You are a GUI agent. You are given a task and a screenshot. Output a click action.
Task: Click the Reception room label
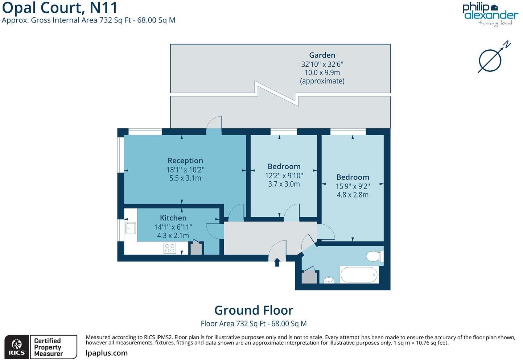[x=185, y=161]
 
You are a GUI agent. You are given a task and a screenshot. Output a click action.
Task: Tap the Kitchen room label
[x=173, y=218]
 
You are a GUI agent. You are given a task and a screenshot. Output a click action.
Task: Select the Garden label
[x=322, y=55]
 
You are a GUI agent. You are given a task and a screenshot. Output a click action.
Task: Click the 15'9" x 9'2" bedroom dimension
[x=353, y=186]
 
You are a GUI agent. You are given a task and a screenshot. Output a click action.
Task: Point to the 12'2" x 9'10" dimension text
[x=284, y=175]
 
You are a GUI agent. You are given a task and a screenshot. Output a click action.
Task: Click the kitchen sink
[x=130, y=228]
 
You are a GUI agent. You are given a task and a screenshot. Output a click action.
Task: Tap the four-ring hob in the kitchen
[x=170, y=248]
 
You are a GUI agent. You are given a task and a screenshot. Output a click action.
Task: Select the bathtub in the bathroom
[x=359, y=275]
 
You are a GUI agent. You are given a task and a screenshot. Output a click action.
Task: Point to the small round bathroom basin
[x=329, y=280]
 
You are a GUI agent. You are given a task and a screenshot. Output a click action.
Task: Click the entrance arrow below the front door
[x=277, y=262]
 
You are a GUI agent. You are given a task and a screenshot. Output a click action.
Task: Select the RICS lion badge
[x=17, y=347]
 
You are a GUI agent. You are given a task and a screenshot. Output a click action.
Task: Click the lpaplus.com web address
[x=107, y=353]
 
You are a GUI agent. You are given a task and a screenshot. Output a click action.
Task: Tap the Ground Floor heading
[x=254, y=310]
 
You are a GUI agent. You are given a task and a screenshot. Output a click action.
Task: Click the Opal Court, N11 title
[x=60, y=8]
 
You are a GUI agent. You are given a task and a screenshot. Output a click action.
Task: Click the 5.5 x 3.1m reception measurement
[x=185, y=178]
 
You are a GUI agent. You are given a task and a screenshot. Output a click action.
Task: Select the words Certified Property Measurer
[x=48, y=347]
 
